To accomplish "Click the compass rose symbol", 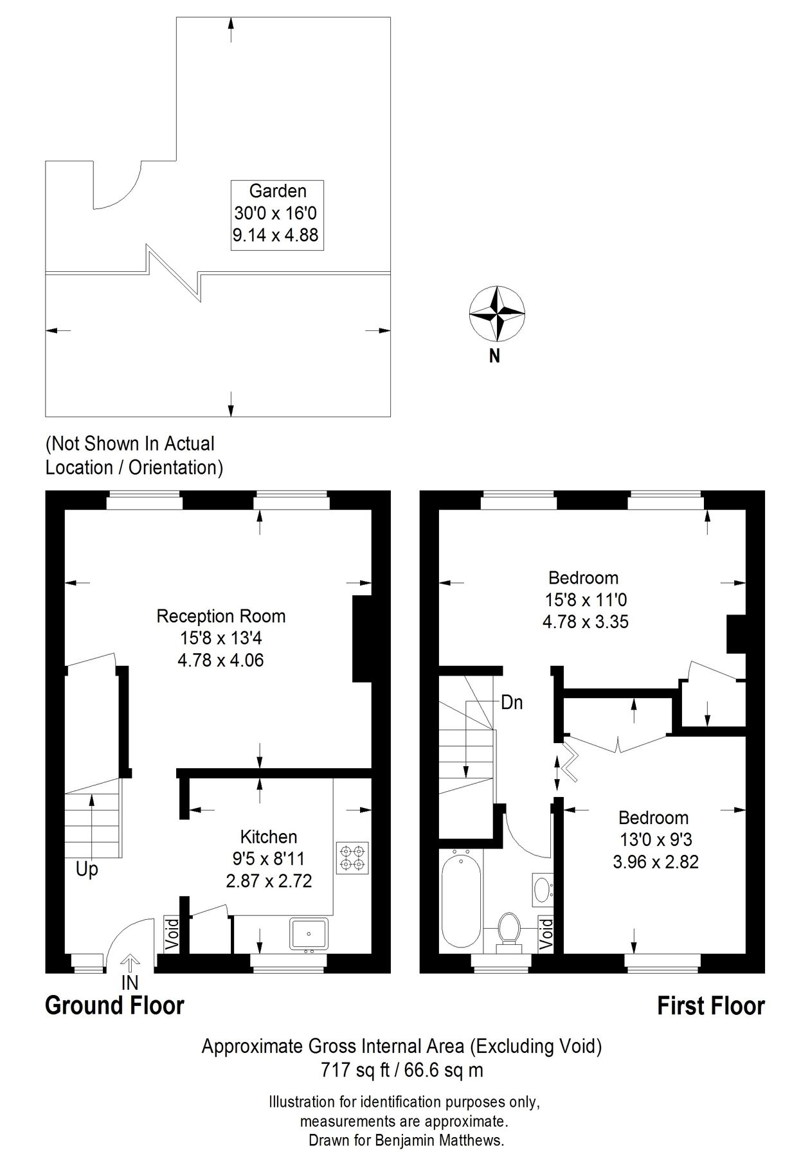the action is click(496, 314).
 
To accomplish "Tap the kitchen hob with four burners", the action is click(352, 858).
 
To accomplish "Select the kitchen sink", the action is click(309, 934).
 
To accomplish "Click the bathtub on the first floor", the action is click(461, 899).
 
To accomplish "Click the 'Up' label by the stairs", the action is click(87, 870).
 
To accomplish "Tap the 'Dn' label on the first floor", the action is click(512, 703).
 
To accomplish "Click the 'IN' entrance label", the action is click(130, 983).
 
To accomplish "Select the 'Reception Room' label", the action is click(221, 616).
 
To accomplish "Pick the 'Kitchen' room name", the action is click(269, 836).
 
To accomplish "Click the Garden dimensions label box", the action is click(277, 215).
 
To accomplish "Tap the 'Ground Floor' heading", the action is click(114, 1005).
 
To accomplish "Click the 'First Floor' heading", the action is click(711, 1005).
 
